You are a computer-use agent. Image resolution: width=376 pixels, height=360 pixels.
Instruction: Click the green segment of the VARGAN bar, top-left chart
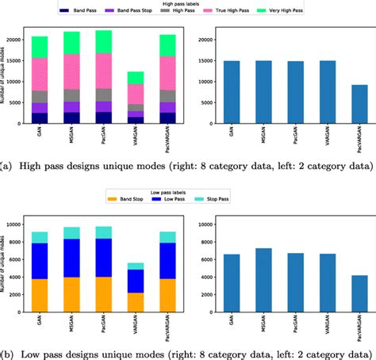coord(136,78)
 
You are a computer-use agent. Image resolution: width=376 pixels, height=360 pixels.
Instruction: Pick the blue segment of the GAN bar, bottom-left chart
coord(40,261)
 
